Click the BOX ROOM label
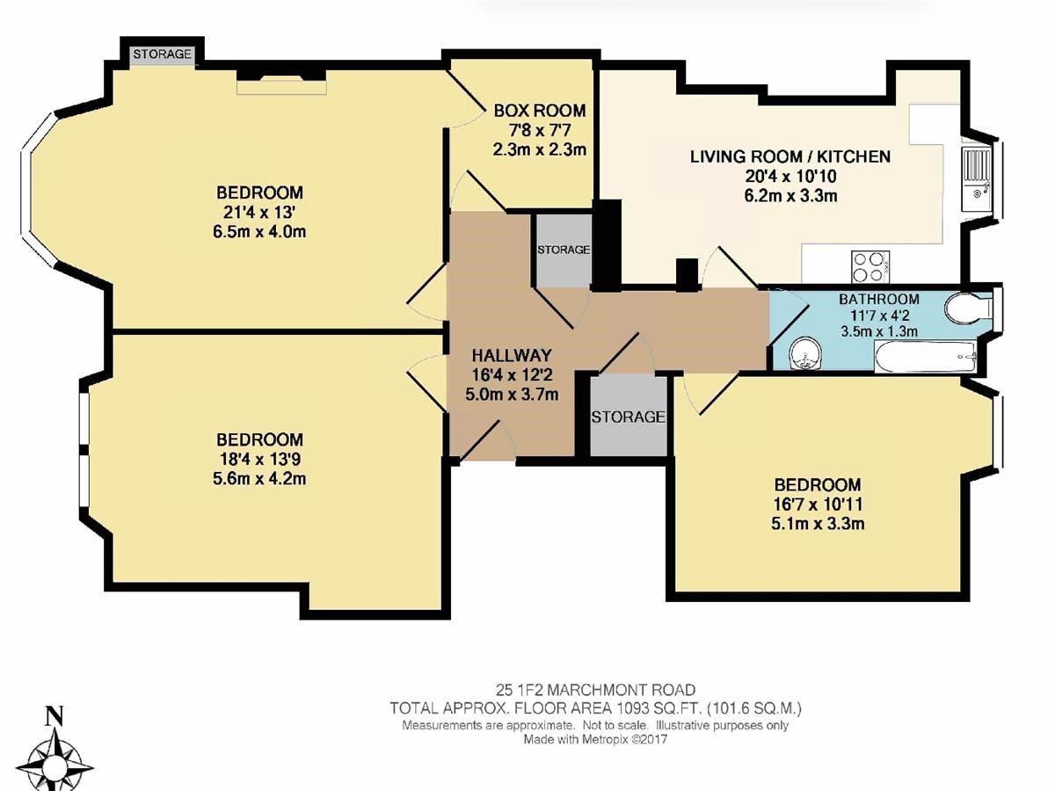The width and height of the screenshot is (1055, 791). [540, 111]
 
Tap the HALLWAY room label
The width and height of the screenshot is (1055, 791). [512, 355]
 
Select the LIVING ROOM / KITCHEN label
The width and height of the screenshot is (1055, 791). [790, 156]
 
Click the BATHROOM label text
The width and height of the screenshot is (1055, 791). [879, 299]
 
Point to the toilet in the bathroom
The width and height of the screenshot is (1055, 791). [968, 307]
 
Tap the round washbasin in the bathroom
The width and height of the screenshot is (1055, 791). [805, 354]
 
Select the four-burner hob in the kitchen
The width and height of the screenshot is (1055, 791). [870, 266]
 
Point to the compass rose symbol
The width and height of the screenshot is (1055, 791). [55, 762]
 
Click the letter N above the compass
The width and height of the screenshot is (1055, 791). [55, 717]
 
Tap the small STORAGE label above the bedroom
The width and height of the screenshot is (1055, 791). [162, 54]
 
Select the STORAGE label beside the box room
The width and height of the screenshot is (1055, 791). [564, 250]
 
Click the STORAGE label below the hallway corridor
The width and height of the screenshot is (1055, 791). [628, 417]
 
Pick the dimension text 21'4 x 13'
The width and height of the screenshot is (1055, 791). [259, 213]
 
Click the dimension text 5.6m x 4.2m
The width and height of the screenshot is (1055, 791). [259, 479]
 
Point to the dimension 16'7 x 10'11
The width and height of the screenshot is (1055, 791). [818, 504]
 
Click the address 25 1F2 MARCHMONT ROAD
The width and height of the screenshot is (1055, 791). [595, 690]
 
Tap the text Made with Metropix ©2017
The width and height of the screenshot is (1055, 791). [595, 739]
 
